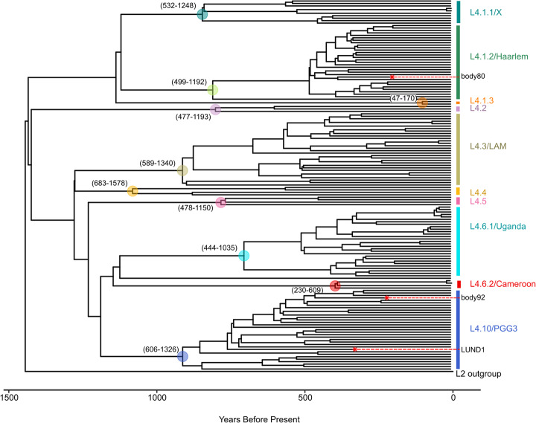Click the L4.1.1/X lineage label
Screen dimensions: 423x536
485,12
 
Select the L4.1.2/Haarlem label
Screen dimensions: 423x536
498,56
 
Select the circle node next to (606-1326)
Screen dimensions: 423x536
182,357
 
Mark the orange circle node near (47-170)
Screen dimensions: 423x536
422,103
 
